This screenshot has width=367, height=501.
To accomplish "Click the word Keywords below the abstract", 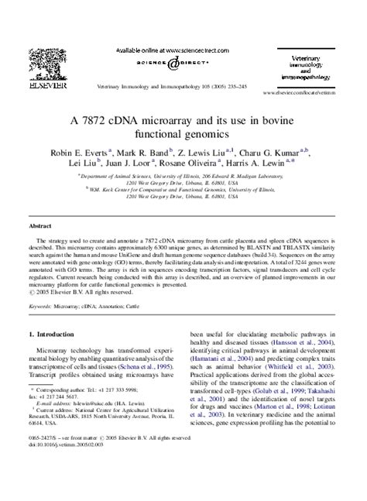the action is [46, 307].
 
